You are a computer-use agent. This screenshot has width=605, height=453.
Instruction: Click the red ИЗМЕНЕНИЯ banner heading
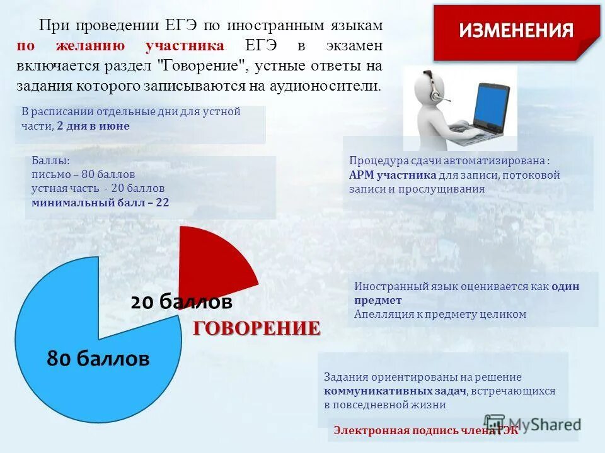[516, 31]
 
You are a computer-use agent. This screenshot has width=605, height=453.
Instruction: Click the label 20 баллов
[181, 302]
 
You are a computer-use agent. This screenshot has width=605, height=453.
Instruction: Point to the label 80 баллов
[98, 359]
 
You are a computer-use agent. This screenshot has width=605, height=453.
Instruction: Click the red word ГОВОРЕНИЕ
[256, 328]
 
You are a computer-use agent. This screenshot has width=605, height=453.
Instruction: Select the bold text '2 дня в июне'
[93, 126]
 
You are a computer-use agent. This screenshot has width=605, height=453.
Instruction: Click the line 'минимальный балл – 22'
[100, 203]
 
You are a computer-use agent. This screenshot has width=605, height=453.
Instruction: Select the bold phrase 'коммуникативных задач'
[395, 391]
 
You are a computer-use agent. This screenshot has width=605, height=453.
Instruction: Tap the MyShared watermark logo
[532, 424]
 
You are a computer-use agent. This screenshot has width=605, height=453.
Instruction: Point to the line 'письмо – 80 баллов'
[83, 174]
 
